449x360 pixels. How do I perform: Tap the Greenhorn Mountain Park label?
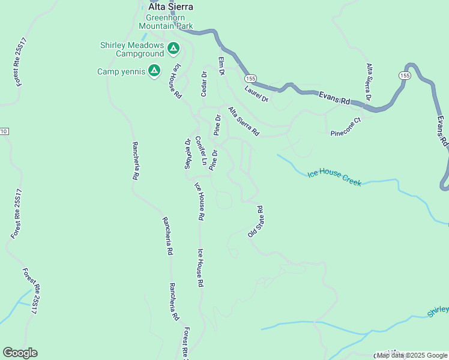click(166, 22)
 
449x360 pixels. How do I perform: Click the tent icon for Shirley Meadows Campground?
click(173, 47)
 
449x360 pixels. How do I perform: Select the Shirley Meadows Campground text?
click(131, 50)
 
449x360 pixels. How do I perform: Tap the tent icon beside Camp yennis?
click(154, 71)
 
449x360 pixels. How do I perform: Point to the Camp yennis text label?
click(121, 72)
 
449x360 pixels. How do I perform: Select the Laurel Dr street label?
click(256, 93)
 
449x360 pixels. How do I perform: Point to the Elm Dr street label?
click(221, 66)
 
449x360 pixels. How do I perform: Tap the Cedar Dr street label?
click(204, 84)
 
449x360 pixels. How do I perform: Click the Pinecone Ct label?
click(347, 128)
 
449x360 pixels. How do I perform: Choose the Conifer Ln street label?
click(200, 152)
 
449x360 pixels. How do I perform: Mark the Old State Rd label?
click(256, 221)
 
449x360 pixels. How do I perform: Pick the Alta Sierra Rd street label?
click(243, 121)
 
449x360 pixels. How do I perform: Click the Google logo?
click(20, 353)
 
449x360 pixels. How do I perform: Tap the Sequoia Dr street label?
click(187, 154)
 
